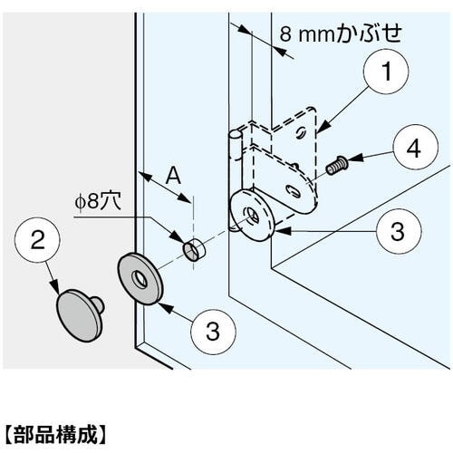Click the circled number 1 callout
point(386,72)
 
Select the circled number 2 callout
point(37,240)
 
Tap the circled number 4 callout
point(415,147)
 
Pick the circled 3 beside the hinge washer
point(399,231)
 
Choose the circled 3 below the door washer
point(213,332)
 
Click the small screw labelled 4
point(337,166)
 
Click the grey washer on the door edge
point(140,279)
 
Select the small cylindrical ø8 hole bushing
point(194,249)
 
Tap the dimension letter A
point(173,176)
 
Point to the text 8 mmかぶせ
point(341,34)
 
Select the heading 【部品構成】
point(56,434)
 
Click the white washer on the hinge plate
point(252,215)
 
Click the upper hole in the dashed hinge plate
point(301,132)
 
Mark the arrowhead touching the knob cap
point(54,286)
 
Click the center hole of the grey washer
point(140,279)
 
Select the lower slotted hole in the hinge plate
point(293,191)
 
